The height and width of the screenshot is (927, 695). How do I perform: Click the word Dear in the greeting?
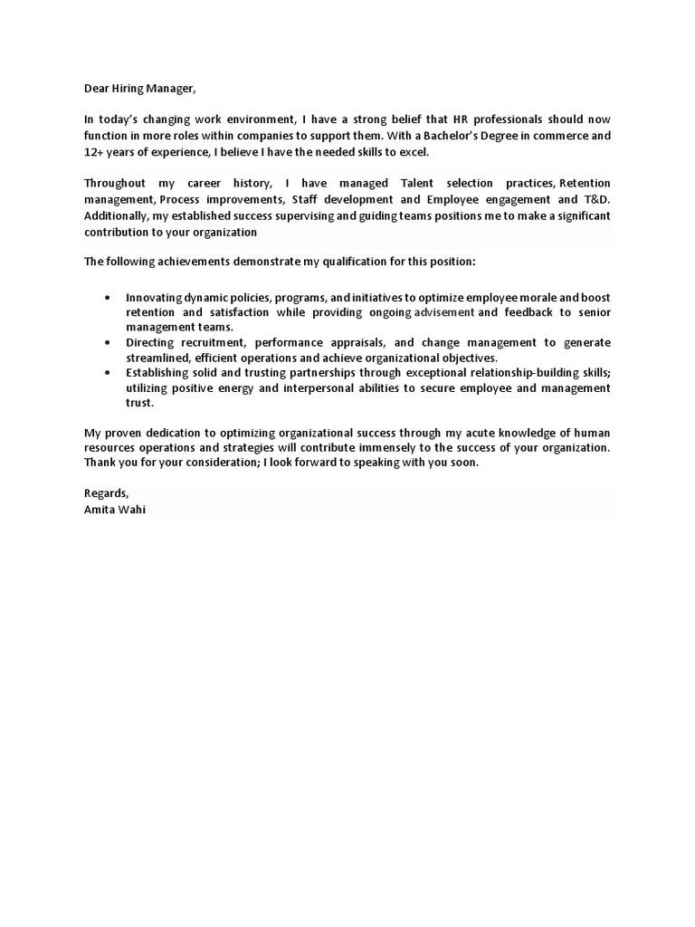[x=98, y=89]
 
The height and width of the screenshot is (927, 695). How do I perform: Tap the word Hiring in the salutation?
[x=132, y=89]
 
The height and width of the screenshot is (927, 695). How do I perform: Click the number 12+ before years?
[x=94, y=151]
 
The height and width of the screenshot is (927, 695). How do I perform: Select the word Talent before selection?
[x=418, y=184]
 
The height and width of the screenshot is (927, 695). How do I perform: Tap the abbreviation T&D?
[x=595, y=199]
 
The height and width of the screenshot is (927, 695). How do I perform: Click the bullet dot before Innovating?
[x=109, y=296]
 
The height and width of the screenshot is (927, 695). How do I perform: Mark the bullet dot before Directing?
[x=109, y=343]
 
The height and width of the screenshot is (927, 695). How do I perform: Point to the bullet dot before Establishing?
[x=109, y=372]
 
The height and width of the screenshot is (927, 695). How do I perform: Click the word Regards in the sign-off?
[x=106, y=494]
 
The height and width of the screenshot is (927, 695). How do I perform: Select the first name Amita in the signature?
[x=99, y=510]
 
